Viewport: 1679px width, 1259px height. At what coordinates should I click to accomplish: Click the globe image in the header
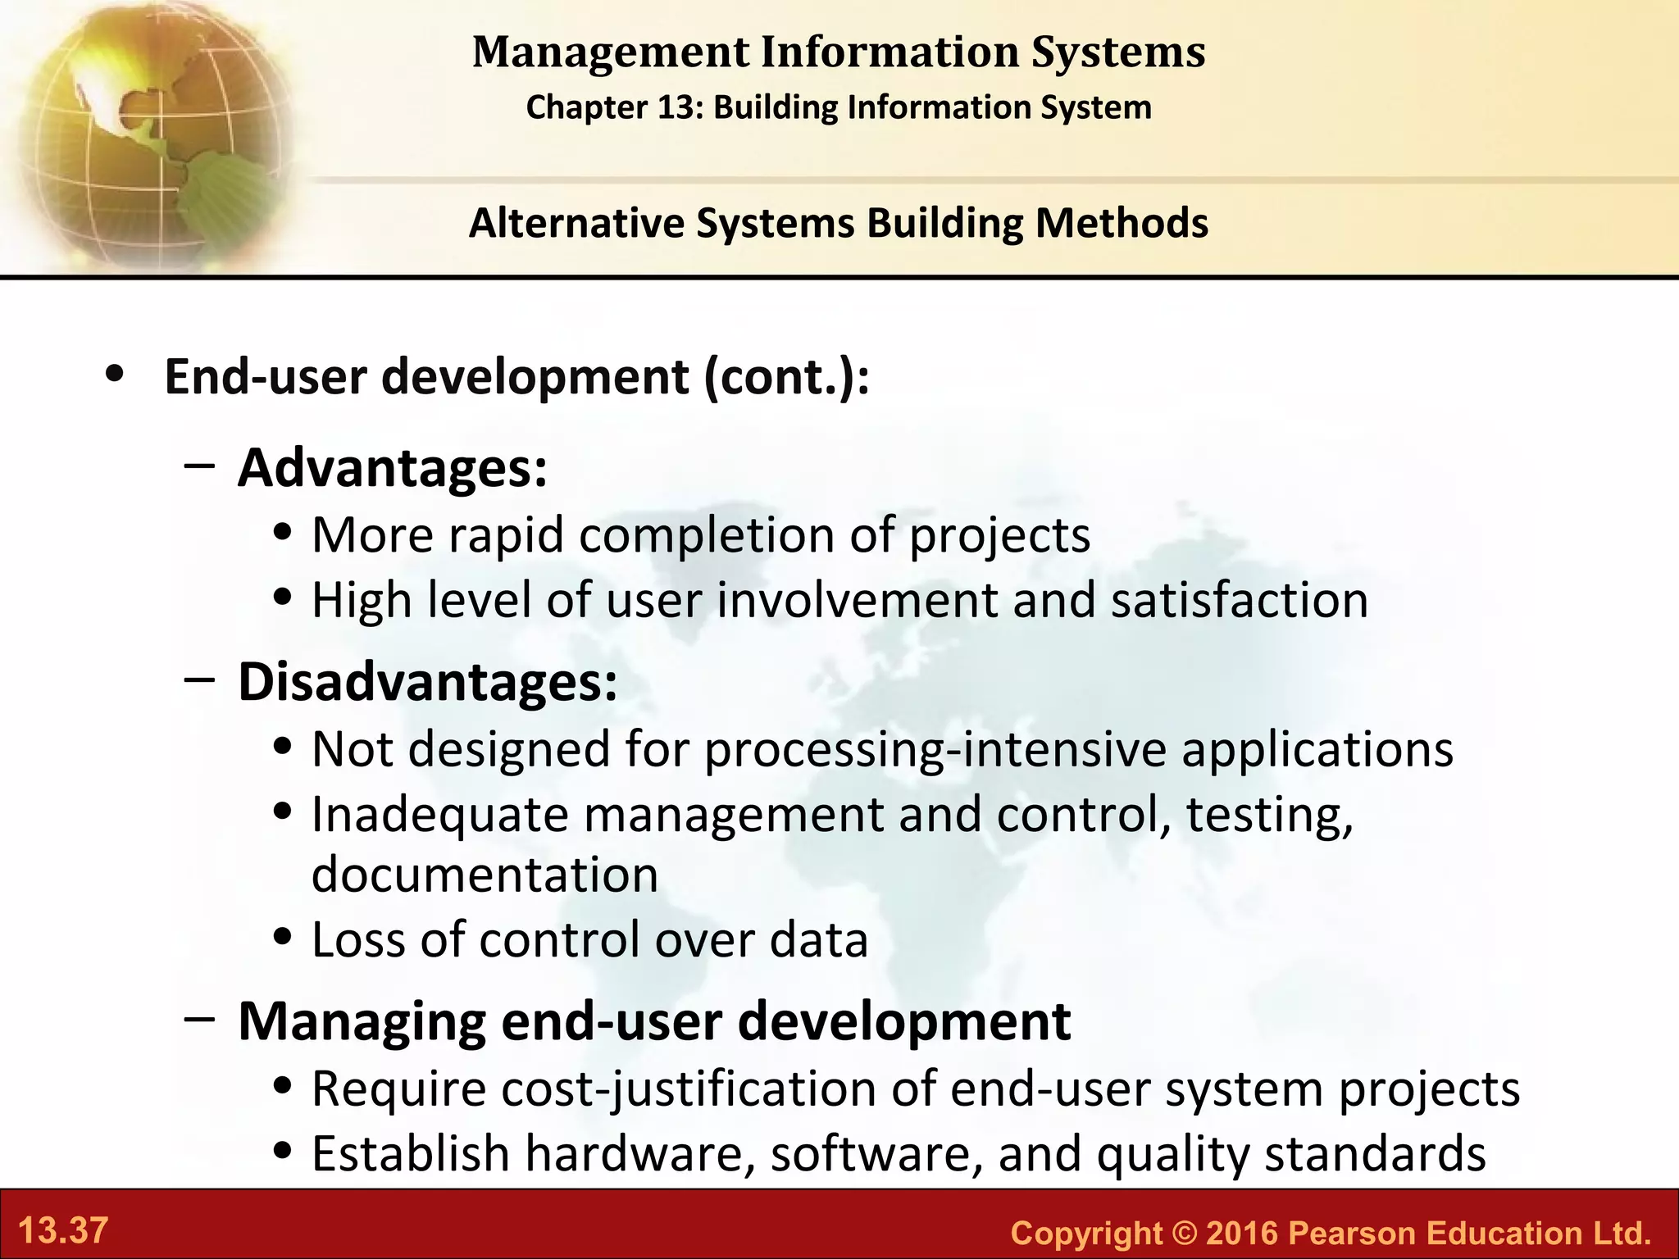click(148, 131)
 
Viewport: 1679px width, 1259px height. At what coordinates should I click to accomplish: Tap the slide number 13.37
click(63, 1231)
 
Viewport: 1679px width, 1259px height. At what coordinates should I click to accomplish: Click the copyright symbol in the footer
click(1183, 1233)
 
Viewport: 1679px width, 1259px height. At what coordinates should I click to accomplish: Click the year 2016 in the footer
click(1241, 1233)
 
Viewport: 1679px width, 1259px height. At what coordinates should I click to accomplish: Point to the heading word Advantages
click(392, 468)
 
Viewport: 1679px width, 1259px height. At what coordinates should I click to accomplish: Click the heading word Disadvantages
click(427, 682)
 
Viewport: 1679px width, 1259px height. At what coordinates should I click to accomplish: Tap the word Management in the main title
click(611, 52)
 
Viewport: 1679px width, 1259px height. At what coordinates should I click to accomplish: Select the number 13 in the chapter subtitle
click(676, 107)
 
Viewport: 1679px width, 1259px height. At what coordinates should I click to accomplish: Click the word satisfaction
click(1240, 600)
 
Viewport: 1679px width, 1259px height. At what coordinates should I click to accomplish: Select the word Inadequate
click(440, 816)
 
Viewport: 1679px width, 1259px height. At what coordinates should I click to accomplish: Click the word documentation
click(485, 874)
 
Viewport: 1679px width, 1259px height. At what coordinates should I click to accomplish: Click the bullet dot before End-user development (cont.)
click(115, 375)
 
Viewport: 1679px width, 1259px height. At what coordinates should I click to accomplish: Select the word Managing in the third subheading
click(361, 1022)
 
